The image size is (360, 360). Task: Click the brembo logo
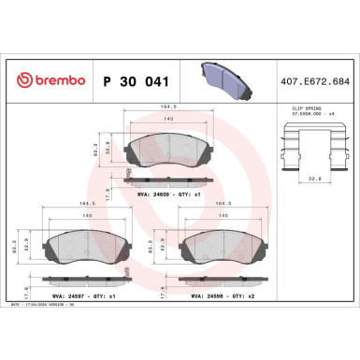click(x=48, y=82)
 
